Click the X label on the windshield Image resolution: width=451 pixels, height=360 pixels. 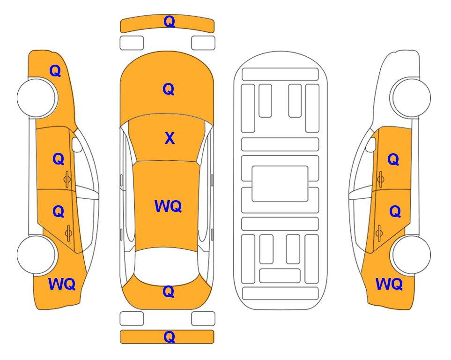point(170,138)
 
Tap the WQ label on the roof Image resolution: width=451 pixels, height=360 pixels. point(168,206)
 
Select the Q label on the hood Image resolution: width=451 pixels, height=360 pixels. point(169,89)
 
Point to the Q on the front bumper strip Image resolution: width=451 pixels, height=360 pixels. point(169,22)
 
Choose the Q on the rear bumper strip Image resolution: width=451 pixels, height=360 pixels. point(169,337)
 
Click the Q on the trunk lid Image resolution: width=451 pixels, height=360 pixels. point(169,292)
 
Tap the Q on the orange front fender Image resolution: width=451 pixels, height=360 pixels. point(55,71)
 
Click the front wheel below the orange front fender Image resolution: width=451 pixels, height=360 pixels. point(37,97)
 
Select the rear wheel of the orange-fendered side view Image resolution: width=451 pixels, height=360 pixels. point(37,255)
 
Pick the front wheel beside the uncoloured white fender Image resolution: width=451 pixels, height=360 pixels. point(410,97)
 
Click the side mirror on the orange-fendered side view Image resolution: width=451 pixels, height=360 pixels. point(76,144)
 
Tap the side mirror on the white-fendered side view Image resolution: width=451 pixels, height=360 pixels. point(371,144)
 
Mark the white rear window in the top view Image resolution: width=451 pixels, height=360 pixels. point(167,265)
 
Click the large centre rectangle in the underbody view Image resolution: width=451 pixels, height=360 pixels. point(280,184)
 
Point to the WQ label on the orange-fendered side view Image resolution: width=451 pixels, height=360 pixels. point(62,284)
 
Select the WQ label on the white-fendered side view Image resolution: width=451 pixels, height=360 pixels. point(389,284)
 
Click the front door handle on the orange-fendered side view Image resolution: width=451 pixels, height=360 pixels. point(67,179)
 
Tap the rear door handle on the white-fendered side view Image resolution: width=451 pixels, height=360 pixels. point(379,233)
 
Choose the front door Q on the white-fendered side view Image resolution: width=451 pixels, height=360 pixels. point(393,159)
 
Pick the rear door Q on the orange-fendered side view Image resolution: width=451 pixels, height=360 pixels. point(59,212)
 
